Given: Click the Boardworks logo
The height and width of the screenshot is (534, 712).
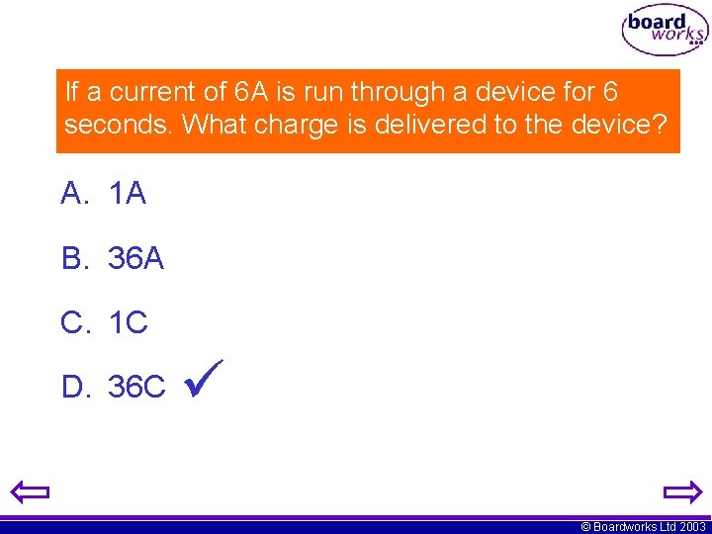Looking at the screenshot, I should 664,32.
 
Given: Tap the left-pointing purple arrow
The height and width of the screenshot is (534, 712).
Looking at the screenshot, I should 30,491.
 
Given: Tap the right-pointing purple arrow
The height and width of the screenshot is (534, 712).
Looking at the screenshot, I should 681,491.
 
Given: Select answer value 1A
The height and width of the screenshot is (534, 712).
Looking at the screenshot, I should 128,195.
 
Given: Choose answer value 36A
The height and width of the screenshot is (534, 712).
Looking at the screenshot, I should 135,259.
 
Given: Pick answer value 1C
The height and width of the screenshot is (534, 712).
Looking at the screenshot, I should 129,323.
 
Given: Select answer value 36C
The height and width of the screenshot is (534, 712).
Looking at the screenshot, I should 136,388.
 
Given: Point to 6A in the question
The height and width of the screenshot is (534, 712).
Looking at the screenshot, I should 252,93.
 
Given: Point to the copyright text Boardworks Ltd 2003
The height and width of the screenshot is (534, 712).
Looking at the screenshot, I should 643,527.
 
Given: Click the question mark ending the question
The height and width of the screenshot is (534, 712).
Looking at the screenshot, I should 661,126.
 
